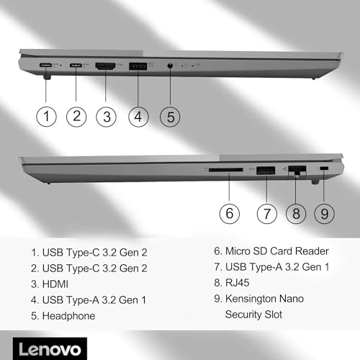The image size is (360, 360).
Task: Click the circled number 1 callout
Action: [46, 117]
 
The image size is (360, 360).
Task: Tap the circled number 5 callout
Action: [170, 117]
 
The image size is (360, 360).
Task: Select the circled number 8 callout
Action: [296, 214]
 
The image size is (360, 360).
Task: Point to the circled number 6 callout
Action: [230, 214]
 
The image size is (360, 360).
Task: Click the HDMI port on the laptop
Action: [105, 66]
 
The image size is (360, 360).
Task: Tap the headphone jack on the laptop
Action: [170, 66]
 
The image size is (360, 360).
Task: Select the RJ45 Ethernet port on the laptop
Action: [297, 171]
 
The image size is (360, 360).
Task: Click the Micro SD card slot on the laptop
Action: [226, 170]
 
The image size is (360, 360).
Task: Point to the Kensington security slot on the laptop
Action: [325, 168]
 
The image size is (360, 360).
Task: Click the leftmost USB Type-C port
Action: [45, 65]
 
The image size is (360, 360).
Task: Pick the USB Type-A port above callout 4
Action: [138, 66]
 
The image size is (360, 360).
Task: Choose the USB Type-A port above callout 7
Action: [266, 171]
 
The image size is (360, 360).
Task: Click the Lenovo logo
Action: [50, 349]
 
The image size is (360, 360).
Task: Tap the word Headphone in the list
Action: [68, 316]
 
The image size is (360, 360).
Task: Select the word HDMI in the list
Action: [55, 284]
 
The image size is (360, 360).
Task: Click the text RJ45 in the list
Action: [238, 283]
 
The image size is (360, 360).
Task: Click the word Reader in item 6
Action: [312, 251]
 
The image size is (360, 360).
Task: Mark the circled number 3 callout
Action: [106, 117]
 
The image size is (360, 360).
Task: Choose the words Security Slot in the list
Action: [253, 315]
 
